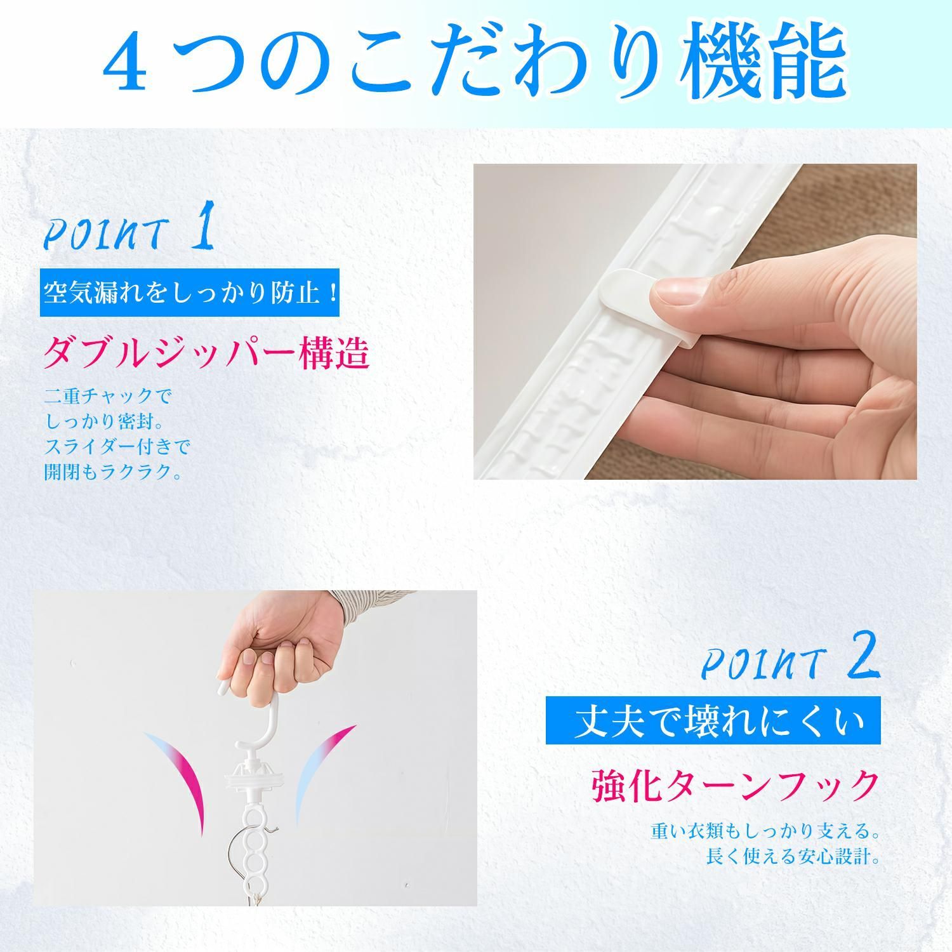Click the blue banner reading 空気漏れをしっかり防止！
tap(189, 293)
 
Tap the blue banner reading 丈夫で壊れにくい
tap(713, 720)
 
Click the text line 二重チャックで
tap(108, 396)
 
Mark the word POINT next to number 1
tap(106, 235)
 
